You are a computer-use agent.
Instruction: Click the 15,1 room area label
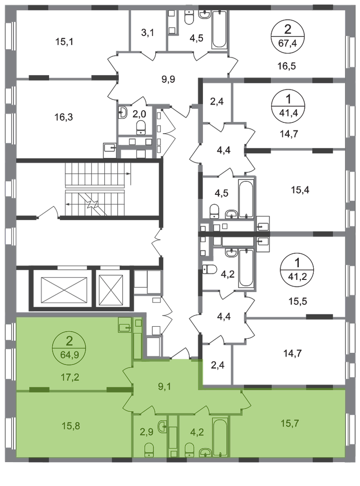[x=64, y=42]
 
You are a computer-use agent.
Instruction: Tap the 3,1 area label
[x=148, y=33]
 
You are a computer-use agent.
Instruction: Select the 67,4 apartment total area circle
[x=288, y=37]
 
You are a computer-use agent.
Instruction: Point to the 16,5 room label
[x=287, y=66]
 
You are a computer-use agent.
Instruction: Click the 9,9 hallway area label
[x=168, y=79]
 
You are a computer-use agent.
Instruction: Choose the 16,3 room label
[x=64, y=117]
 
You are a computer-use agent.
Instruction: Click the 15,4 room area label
[x=300, y=190]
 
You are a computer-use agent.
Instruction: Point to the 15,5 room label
[x=298, y=301]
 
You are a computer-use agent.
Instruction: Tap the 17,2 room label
[x=70, y=377]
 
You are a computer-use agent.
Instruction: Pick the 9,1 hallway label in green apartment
[x=165, y=386]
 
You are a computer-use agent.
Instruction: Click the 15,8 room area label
[x=71, y=426]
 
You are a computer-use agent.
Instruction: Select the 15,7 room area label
[x=290, y=423]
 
